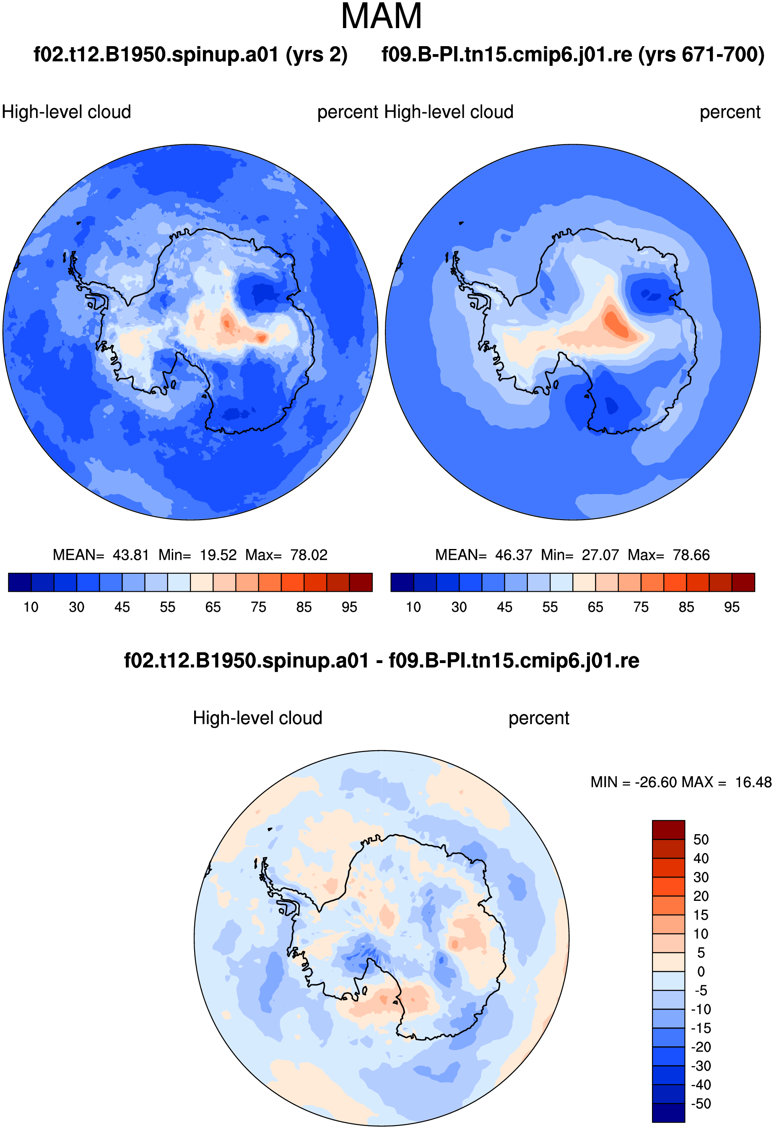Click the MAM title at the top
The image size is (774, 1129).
tap(382, 16)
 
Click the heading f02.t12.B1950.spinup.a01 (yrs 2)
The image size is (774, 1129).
tap(190, 55)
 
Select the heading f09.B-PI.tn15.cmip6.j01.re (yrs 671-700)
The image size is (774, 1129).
tap(573, 55)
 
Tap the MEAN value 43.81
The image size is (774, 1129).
tap(131, 555)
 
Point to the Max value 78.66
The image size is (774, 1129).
tap(691, 555)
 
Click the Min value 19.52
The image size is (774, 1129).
tap(218, 555)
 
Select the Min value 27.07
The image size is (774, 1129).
tap(601, 555)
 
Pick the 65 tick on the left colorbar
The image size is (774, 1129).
tap(213, 607)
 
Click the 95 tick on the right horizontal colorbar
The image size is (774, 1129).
tap(732, 607)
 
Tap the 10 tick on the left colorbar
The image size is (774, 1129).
tap(31, 607)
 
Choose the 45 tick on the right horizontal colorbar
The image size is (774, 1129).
tap(504, 607)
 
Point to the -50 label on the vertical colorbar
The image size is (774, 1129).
tap(701, 1104)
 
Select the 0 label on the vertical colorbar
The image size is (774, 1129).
tap(701, 972)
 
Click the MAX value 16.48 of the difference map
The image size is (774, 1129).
tap(753, 782)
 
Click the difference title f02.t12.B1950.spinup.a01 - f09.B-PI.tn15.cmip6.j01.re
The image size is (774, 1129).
tap(382, 661)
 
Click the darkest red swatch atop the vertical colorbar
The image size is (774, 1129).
tap(668, 830)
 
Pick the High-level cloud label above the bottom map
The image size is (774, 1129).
tap(257, 718)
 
